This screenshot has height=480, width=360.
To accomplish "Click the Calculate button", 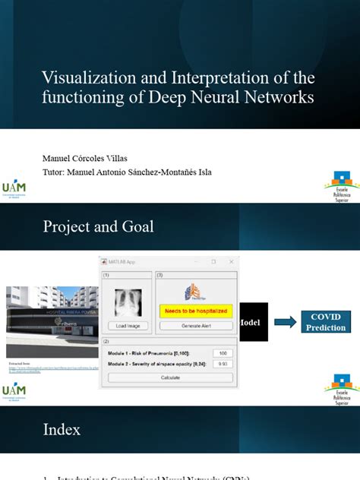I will [169, 377].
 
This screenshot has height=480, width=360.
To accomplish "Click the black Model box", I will [250, 322].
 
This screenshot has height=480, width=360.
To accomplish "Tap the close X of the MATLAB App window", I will [230, 261].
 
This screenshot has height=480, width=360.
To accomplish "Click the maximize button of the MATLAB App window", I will [213, 261].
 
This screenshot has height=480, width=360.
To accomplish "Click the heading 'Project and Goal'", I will [99, 226].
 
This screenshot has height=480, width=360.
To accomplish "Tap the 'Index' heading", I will [62, 430].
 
